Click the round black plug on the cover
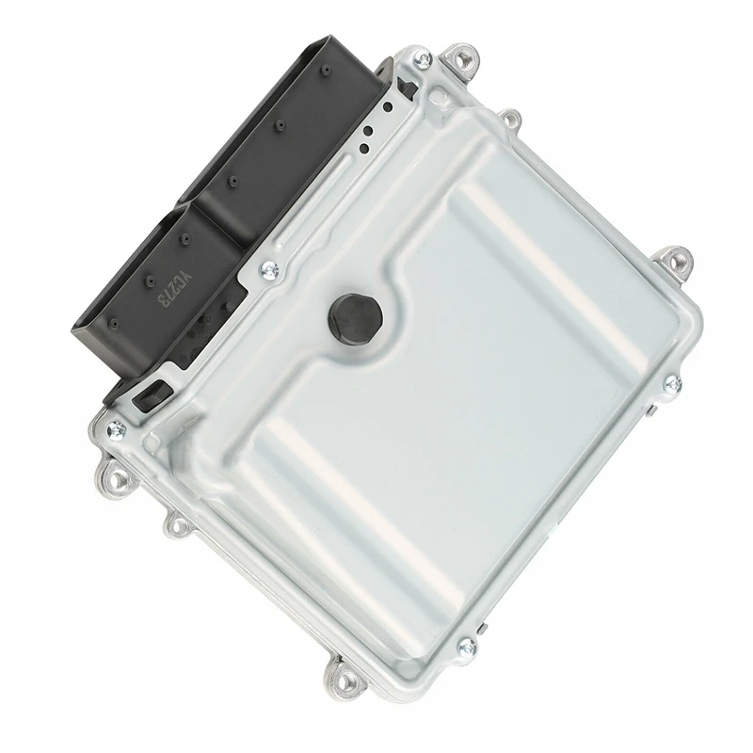point(355,316)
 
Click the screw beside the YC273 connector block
point(269,270)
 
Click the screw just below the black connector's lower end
point(119,430)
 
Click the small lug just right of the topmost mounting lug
point(511,119)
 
